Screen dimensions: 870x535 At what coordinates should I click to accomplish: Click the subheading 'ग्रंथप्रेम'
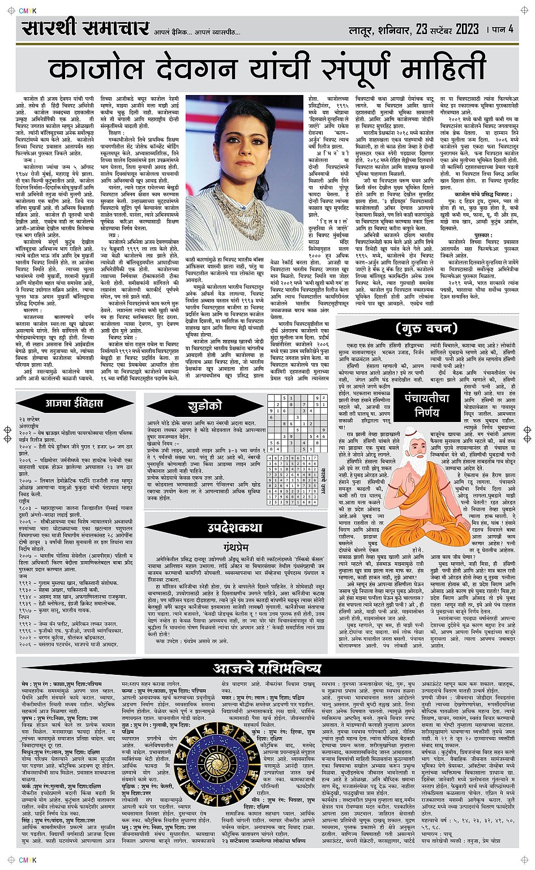(237, 547)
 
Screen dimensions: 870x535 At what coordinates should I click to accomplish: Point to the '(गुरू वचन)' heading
(426, 328)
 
